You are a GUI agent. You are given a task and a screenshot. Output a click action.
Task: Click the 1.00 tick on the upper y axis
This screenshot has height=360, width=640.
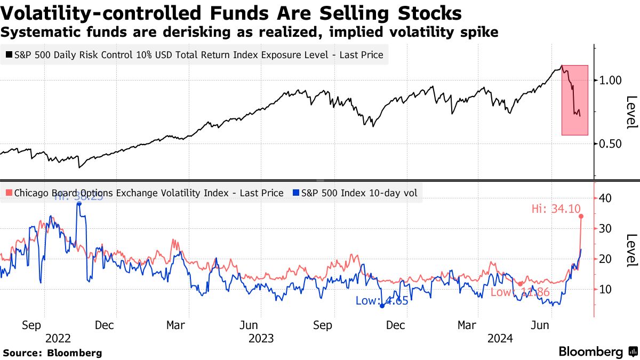(611, 80)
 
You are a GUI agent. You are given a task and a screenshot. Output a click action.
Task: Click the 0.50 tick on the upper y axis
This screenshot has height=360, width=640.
(611, 143)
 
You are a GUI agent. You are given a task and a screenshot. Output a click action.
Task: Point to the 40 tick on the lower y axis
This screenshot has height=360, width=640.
(605, 198)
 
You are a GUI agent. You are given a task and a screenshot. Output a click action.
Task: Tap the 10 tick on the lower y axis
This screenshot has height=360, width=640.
(605, 289)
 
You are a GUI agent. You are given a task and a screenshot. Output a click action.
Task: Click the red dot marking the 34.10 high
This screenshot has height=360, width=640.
(581, 216)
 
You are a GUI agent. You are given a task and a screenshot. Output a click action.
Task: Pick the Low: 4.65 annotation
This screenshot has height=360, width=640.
(382, 300)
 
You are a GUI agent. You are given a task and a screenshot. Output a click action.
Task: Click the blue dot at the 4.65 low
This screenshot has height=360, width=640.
(382, 306)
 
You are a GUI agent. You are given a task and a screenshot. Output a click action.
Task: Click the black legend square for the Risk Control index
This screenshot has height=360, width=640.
(9, 54)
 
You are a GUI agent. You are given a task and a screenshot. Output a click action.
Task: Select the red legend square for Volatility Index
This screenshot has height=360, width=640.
(9, 193)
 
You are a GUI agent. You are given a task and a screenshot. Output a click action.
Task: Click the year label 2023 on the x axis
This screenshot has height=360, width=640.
(260, 338)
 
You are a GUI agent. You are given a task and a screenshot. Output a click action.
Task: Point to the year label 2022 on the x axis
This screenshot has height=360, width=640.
(58, 338)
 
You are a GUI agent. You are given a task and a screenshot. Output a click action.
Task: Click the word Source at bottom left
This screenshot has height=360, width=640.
(22, 353)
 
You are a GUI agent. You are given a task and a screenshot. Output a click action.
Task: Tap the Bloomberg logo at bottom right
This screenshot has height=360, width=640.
(591, 352)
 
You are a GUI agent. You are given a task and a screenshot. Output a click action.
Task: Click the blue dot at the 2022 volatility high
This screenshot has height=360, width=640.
(78, 203)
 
